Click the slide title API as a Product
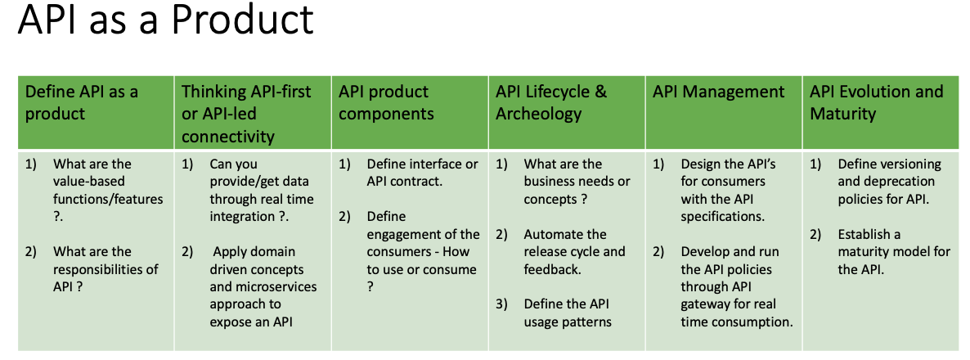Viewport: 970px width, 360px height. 166,20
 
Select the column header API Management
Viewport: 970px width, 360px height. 718,92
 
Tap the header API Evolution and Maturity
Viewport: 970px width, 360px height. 876,102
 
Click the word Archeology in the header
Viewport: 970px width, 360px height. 538,114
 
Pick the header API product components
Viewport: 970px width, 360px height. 386,102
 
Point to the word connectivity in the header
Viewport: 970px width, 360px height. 227,136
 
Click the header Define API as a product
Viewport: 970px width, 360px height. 82,102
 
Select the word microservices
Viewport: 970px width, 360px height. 263,287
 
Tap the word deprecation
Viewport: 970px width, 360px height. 887,182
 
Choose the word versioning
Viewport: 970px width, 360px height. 908,164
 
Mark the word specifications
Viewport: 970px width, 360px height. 723,217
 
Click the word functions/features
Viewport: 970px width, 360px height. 108,199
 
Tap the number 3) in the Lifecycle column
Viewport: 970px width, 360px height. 501,304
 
